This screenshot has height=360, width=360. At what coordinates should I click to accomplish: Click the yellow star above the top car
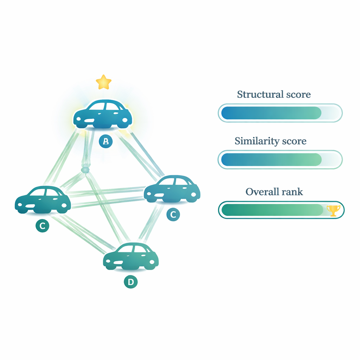[104, 82]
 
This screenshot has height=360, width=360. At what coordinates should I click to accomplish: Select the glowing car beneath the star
[103, 114]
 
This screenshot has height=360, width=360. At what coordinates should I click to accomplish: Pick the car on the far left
[43, 200]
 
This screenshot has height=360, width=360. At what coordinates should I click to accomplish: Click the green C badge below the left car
[43, 226]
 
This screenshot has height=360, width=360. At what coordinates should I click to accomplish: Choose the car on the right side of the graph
[172, 190]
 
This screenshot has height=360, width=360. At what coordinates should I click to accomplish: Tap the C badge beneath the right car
[173, 214]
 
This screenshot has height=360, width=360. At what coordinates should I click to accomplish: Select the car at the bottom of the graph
[131, 257]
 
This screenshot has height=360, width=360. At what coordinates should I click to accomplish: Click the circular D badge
[131, 282]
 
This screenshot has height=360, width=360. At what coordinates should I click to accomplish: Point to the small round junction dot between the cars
[85, 170]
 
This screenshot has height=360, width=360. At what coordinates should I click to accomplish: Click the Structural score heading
[274, 94]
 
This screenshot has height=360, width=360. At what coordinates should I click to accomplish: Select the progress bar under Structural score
[280, 113]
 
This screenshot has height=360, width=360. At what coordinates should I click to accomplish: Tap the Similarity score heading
[270, 141]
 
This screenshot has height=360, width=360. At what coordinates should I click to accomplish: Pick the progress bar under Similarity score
[280, 159]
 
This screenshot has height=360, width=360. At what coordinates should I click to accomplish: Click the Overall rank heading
[274, 192]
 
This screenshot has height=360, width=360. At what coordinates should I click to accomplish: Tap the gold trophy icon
[333, 210]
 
